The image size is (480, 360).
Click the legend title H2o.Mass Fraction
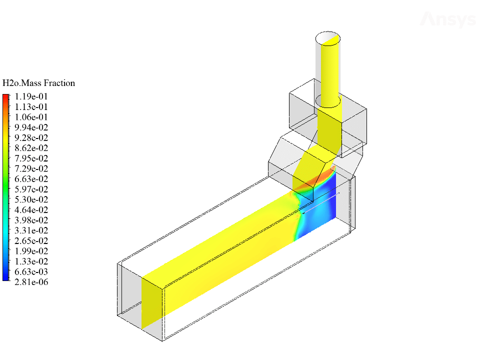(38, 83)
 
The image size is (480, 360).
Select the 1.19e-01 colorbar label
(31, 96)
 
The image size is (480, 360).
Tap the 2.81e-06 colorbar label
(31, 282)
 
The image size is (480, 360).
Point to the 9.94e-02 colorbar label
(31, 127)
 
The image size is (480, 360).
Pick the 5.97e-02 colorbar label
(31, 189)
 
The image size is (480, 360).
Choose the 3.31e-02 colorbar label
(31, 230)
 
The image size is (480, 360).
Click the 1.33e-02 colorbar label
(31, 261)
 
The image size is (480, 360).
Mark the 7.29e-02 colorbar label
(31, 168)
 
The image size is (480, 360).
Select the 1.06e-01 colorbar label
(31, 117)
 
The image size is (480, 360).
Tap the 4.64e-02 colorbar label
(31, 210)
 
